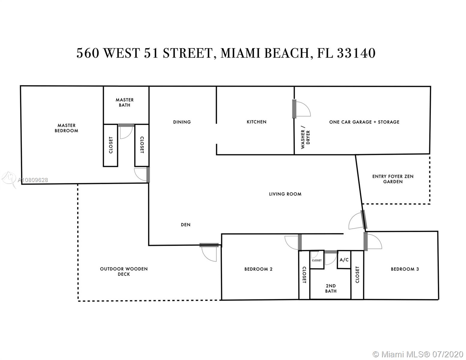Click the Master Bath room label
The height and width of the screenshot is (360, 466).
click(125, 103)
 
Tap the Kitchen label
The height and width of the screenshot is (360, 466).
click(257, 122)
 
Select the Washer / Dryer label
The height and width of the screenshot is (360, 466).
click(305, 137)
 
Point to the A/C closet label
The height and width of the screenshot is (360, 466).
click(344, 260)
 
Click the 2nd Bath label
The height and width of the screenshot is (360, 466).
click(331, 288)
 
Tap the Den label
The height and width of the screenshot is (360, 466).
click(185, 225)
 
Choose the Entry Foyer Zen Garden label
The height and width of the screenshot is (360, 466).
click(393, 179)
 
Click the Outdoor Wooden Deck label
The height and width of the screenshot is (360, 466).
click(124, 271)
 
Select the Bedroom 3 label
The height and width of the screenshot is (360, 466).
click(405, 269)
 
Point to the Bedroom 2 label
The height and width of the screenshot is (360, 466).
click(258, 269)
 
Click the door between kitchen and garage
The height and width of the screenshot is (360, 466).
click(294, 109)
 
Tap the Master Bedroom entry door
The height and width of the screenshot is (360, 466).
click(148, 175)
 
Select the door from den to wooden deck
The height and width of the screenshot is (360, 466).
click(209, 245)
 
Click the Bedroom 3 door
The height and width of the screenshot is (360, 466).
click(366, 241)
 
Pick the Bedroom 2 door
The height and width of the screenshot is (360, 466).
click(300, 242)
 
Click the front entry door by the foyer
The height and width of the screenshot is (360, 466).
click(364, 220)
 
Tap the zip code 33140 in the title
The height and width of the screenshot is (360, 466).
click(356, 53)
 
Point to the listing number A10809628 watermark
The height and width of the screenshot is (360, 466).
click(33, 180)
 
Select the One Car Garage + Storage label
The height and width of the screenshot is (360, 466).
click(364, 122)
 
